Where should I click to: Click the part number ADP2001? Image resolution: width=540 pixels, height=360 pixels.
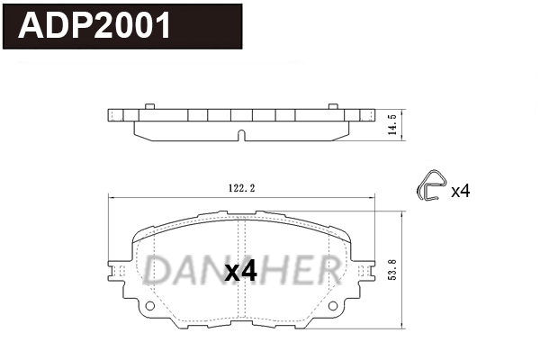[95, 26]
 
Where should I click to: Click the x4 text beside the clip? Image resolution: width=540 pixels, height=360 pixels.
[460, 190]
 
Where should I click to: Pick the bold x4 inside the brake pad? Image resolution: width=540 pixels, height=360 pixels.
[240, 271]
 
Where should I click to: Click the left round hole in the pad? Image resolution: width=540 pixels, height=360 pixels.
[150, 306]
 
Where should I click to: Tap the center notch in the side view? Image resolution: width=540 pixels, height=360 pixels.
[240, 136]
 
